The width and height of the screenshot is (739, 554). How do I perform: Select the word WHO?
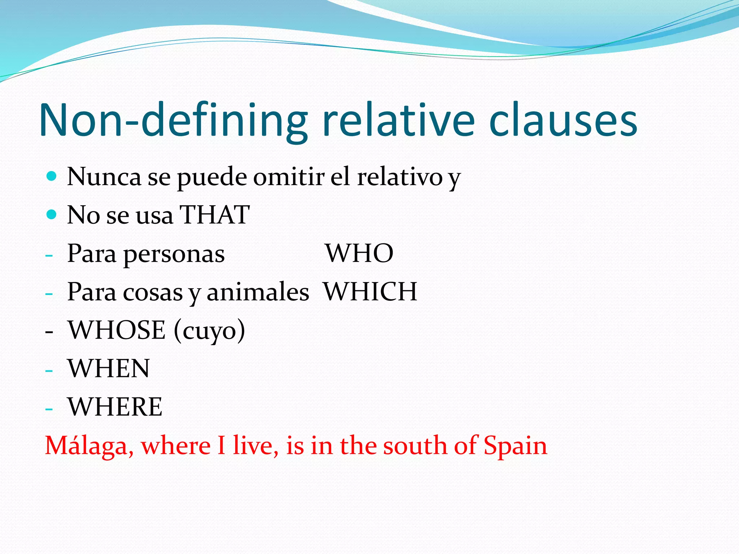tap(359, 253)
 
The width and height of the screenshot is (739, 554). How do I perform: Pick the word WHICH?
tap(370, 291)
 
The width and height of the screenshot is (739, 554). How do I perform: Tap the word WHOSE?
tap(117, 330)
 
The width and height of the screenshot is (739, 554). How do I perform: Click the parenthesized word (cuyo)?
tap(209, 330)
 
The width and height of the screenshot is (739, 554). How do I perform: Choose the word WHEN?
tap(109, 368)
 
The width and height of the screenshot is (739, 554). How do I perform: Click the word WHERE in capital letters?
tap(115, 406)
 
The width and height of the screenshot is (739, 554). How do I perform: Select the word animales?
tap(258, 291)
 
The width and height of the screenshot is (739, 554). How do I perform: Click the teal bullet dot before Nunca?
tap(52, 176)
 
